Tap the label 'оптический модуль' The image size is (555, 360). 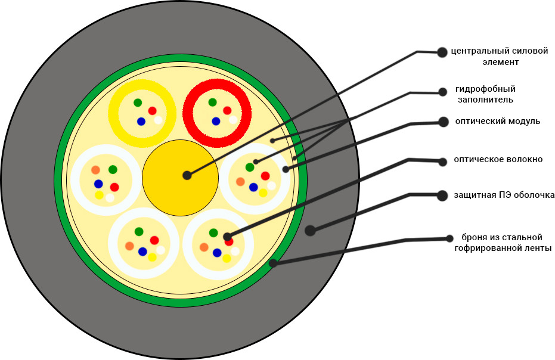point(497,121)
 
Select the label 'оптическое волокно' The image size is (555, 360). point(498,159)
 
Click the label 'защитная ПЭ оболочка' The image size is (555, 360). point(504,195)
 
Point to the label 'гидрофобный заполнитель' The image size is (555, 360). point(485,94)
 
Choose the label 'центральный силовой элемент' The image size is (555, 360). point(500,56)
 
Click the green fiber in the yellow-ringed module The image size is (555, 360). point(138,103)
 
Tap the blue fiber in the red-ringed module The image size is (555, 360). point(216,122)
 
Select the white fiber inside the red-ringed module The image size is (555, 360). point(232,120)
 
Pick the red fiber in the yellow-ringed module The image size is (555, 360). point(153,111)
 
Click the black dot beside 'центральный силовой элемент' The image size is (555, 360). point(442,52)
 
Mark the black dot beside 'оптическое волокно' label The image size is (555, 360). point(442,161)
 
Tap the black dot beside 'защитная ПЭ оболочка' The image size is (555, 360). point(442,195)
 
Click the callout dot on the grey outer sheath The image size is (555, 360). point(310,231)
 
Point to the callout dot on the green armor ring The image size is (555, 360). point(273,263)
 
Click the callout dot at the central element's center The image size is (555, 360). point(187,175)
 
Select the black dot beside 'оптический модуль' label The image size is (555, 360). point(443,122)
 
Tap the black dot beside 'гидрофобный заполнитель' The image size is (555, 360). point(442,92)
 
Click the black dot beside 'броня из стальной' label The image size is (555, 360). point(449,238)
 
